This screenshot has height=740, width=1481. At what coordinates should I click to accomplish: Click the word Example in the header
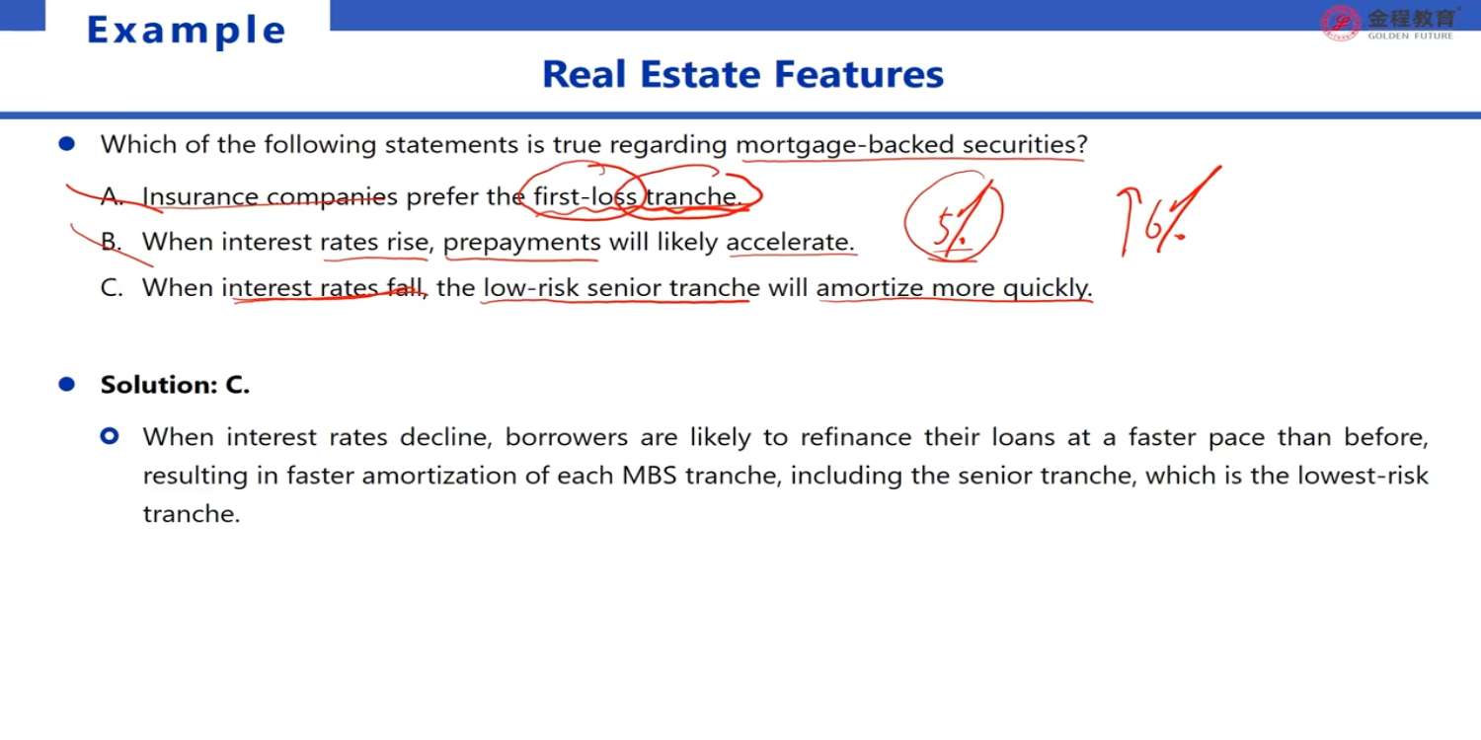point(186,31)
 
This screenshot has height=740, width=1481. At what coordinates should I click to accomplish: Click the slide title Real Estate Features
point(742,74)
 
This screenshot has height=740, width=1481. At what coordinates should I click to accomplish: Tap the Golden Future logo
point(1389,24)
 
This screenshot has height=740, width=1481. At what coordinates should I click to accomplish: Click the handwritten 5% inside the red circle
point(953,225)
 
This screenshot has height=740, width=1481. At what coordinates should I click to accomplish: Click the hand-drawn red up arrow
point(1127,222)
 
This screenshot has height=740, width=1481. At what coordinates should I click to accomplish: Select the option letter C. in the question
point(112,288)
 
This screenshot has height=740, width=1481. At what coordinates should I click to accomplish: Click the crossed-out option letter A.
point(112,196)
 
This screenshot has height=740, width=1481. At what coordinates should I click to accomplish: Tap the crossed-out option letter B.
point(112,242)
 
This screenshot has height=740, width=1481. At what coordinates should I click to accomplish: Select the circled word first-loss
point(585,196)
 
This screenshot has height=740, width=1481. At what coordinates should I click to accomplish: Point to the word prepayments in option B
point(521,243)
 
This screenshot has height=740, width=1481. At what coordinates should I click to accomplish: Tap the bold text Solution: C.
point(175,385)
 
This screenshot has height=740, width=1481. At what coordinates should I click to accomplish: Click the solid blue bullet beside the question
point(67,143)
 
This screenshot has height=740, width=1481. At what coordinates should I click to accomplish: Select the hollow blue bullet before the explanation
point(110,436)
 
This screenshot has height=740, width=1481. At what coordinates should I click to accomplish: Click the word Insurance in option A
point(200,196)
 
